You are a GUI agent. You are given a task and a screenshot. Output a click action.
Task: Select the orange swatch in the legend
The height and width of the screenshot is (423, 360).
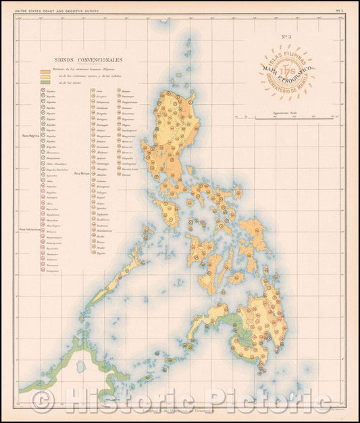click(x=45, y=71)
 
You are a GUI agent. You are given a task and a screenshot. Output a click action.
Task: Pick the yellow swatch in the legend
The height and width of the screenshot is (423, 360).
click(x=45, y=77)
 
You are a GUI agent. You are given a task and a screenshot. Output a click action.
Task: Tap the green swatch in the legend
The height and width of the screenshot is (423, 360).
click(x=45, y=83)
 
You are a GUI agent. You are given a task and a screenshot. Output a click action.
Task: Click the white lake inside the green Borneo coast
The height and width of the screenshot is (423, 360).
click(x=80, y=366)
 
